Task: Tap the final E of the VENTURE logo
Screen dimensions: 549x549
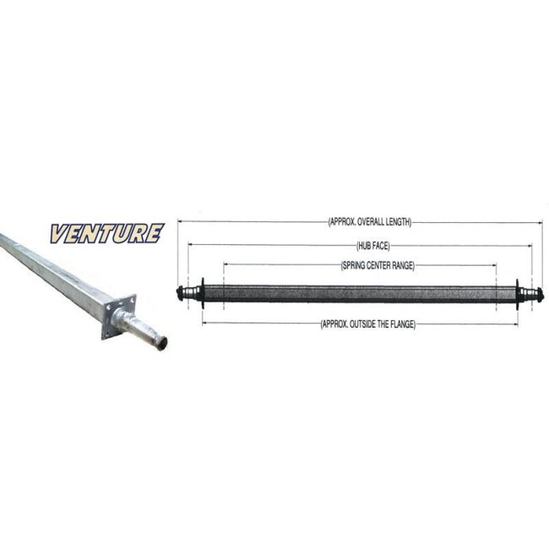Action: click(155, 233)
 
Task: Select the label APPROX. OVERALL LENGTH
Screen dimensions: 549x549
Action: click(370, 222)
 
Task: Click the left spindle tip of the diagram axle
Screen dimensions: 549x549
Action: click(180, 294)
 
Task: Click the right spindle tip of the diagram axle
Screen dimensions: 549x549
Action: click(540, 295)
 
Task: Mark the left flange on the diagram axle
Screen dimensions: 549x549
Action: click(203, 293)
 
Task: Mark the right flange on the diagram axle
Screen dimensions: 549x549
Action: click(517, 294)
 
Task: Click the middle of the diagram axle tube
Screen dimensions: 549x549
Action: click(360, 294)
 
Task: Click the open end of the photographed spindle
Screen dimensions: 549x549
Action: click(161, 344)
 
